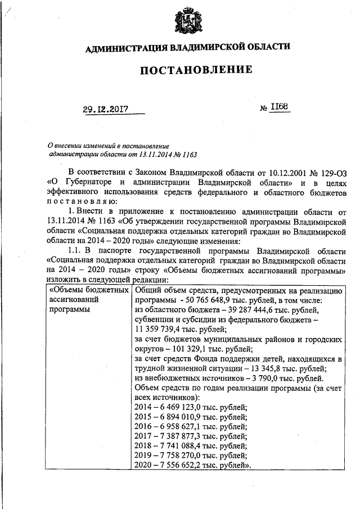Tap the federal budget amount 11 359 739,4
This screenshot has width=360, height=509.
166,330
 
